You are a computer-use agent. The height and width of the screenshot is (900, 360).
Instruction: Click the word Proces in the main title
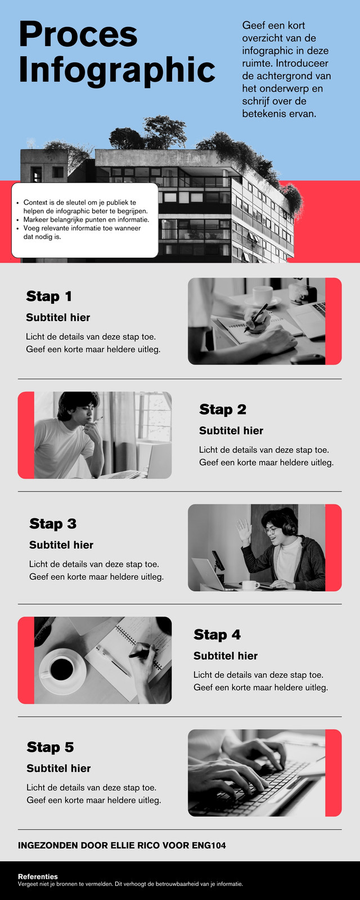(78, 34)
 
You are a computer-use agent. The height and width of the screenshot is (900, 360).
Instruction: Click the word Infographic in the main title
(117, 70)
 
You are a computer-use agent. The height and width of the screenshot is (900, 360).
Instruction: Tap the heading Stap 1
(49, 296)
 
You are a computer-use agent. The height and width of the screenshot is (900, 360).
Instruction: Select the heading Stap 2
(223, 409)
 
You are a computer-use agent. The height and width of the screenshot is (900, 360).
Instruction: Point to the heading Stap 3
(53, 524)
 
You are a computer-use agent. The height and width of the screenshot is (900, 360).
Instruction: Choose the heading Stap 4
(217, 634)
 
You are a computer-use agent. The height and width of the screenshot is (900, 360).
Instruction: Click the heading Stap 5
(50, 747)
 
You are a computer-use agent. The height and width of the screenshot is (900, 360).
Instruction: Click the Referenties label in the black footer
(38, 876)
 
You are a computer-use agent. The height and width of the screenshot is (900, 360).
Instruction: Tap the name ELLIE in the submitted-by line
(121, 845)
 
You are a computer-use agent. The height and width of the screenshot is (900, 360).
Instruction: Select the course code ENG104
(209, 845)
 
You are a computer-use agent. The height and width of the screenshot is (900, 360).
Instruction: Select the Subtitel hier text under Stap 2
(231, 431)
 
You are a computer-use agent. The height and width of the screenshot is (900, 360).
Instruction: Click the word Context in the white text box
(35, 202)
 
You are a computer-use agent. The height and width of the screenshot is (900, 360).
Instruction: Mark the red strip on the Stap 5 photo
(333, 773)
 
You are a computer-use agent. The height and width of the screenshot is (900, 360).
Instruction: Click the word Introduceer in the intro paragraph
(302, 63)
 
